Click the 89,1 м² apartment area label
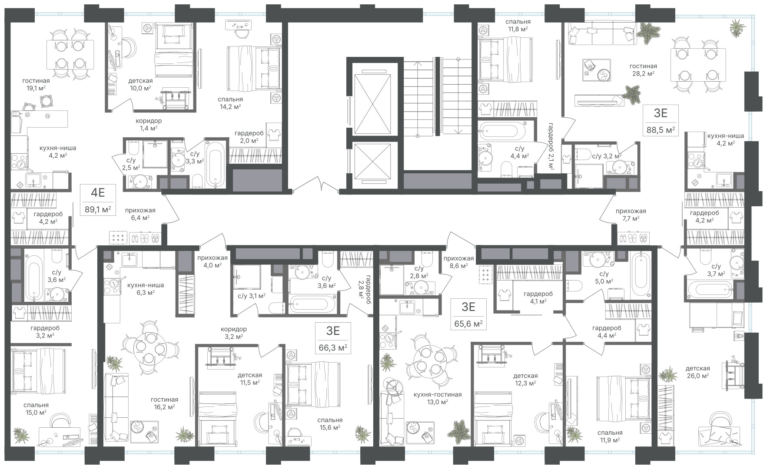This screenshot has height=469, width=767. tap(98, 210)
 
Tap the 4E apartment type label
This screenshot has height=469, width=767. tap(97, 192)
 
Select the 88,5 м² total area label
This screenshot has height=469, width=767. tap(661, 130)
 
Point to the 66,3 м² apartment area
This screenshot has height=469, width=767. tap(333, 348)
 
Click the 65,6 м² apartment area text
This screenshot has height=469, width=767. tap(468, 324)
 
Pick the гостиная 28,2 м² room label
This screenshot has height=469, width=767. tap(643, 69)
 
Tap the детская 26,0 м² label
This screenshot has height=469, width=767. tap(697, 372)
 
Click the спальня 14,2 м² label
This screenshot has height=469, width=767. tap(230, 102)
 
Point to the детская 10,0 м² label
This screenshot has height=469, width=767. tap(140, 84)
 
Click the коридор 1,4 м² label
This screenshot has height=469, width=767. tap(148, 124)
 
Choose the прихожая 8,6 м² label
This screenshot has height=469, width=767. tap(458, 261)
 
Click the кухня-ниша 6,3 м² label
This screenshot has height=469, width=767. tap(145, 289)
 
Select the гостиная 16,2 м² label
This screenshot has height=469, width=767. tap(165, 403)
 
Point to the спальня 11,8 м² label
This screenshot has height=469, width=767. tap(518, 25)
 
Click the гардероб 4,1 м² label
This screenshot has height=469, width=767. tap(538, 297)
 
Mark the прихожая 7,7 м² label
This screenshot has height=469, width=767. tap(631, 215)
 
